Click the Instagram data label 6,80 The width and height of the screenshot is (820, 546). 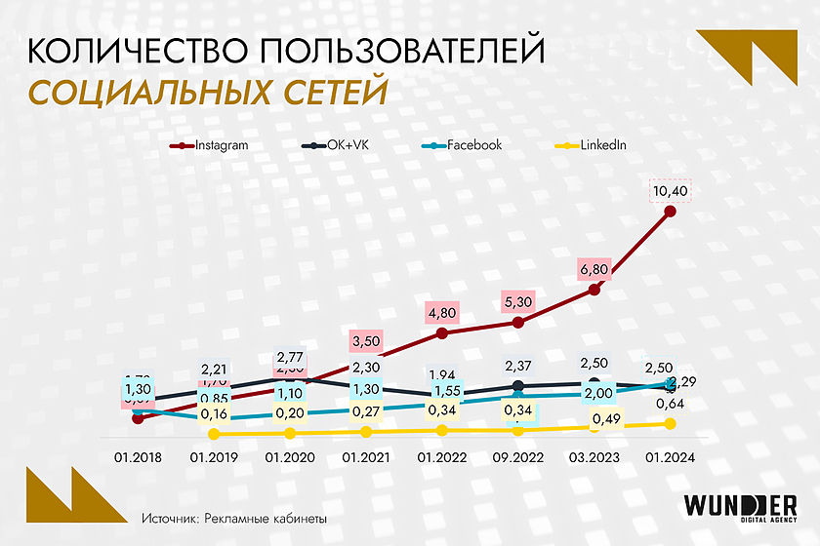[594, 270]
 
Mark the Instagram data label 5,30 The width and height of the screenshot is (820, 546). [517, 303]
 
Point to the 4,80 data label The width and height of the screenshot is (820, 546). [441, 315]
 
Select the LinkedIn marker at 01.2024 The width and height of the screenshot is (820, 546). [671, 423]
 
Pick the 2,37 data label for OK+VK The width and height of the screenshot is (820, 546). [517, 366]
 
